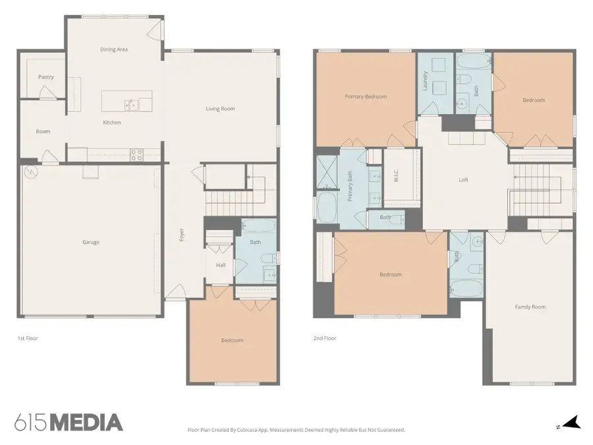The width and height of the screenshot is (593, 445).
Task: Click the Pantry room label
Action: click(45, 77)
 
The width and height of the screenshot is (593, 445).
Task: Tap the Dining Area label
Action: click(114, 49)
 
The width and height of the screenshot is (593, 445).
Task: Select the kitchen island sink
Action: click(131, 105)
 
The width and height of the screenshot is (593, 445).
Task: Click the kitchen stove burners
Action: click(136, 155)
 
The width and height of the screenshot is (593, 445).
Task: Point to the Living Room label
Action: click(220, 109)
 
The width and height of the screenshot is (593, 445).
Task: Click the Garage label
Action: click(91, 242)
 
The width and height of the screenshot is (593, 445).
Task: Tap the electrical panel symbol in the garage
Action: click(30, 172)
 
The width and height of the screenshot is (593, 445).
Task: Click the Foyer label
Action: click(182, 235)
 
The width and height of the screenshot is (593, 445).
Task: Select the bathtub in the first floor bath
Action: click(258, 226)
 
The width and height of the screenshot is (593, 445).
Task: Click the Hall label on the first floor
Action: click(221, 265)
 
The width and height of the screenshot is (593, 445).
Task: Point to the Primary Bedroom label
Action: click(366, 96)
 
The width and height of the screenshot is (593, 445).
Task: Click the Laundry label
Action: click(425, 80)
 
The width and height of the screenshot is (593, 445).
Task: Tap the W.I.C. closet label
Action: click(396, 175)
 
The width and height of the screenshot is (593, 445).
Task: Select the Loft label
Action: click(463, 180)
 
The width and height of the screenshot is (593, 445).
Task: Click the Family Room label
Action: click(530, 307)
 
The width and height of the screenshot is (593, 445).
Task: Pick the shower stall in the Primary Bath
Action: click(327, 172)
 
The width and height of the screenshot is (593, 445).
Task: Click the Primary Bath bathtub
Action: click(327, 208)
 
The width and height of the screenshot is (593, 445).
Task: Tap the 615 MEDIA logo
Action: click(69, 423)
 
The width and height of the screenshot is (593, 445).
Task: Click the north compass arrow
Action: click(571, 422)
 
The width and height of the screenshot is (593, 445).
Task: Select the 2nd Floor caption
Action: click(324, 338)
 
